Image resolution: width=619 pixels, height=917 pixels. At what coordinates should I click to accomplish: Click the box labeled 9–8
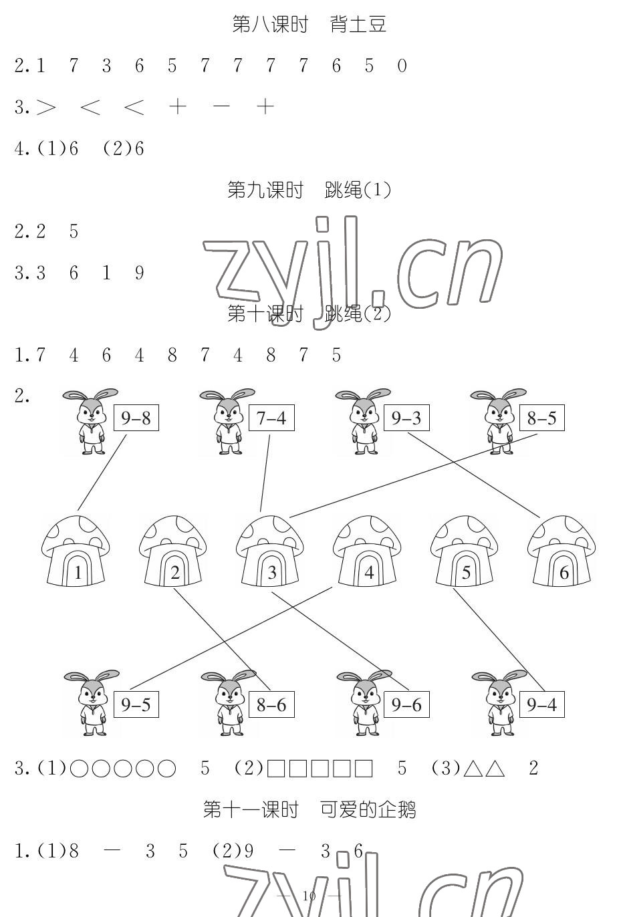click(136, 418)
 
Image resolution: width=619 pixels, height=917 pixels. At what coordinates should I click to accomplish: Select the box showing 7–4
click(271, 418)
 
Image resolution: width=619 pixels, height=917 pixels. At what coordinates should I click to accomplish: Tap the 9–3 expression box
click(406, 418)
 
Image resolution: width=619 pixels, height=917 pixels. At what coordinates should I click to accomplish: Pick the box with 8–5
click(541, 418)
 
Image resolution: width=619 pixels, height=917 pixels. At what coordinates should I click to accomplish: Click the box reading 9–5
click(136, 704)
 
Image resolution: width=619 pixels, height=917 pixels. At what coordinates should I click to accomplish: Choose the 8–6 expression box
click(271, 704)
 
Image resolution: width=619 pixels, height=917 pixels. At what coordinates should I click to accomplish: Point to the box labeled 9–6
click(406, 704)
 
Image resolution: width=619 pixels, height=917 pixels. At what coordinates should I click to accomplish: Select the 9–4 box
click(541, 704)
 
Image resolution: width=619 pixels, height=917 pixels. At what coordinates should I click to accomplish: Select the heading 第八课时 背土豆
click(309, 25)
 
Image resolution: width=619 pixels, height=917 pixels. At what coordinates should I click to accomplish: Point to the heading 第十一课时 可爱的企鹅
click(309, 810)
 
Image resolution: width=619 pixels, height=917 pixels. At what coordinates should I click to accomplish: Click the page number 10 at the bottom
click(309, 896)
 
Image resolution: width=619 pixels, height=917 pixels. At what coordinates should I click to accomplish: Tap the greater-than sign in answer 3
click(46, 107)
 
